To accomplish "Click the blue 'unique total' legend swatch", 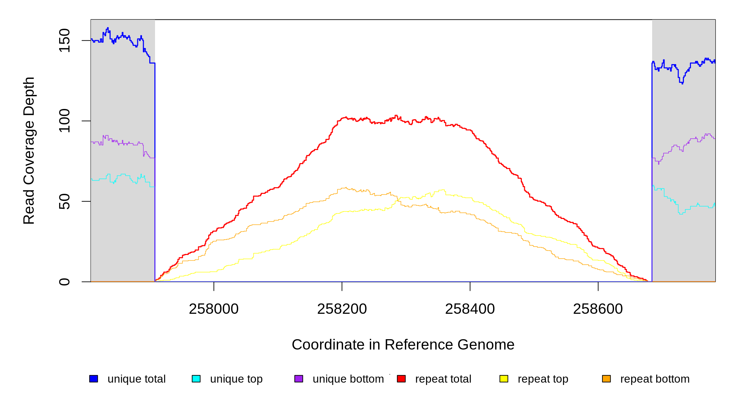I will (x=94, y=379).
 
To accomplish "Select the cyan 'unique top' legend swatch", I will (x=196, y=379).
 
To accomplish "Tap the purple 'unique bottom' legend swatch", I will (x=299, y=379).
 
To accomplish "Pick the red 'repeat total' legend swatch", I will (x=401, y=379).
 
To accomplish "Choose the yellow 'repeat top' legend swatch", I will (x=504, y=379).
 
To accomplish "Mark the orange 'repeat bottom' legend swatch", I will (x=606, y=379).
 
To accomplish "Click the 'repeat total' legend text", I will (x=443, y=379).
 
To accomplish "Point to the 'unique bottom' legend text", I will (x=348, y=379).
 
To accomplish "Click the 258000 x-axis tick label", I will (x=214, y=309).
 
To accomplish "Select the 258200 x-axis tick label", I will (x=342, y=309).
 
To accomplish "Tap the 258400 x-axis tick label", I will (x=470, y=309).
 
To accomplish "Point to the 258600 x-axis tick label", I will (x=598, y=309).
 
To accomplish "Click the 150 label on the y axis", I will (x=64, y=40).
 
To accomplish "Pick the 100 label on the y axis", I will (x=64, y=121).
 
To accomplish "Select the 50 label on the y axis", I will (x=64, y=201).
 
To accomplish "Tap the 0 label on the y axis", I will (x=64, y=282).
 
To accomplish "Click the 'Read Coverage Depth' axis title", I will (x=29, y=150).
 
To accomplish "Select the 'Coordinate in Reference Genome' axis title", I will (x=403, y=345).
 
